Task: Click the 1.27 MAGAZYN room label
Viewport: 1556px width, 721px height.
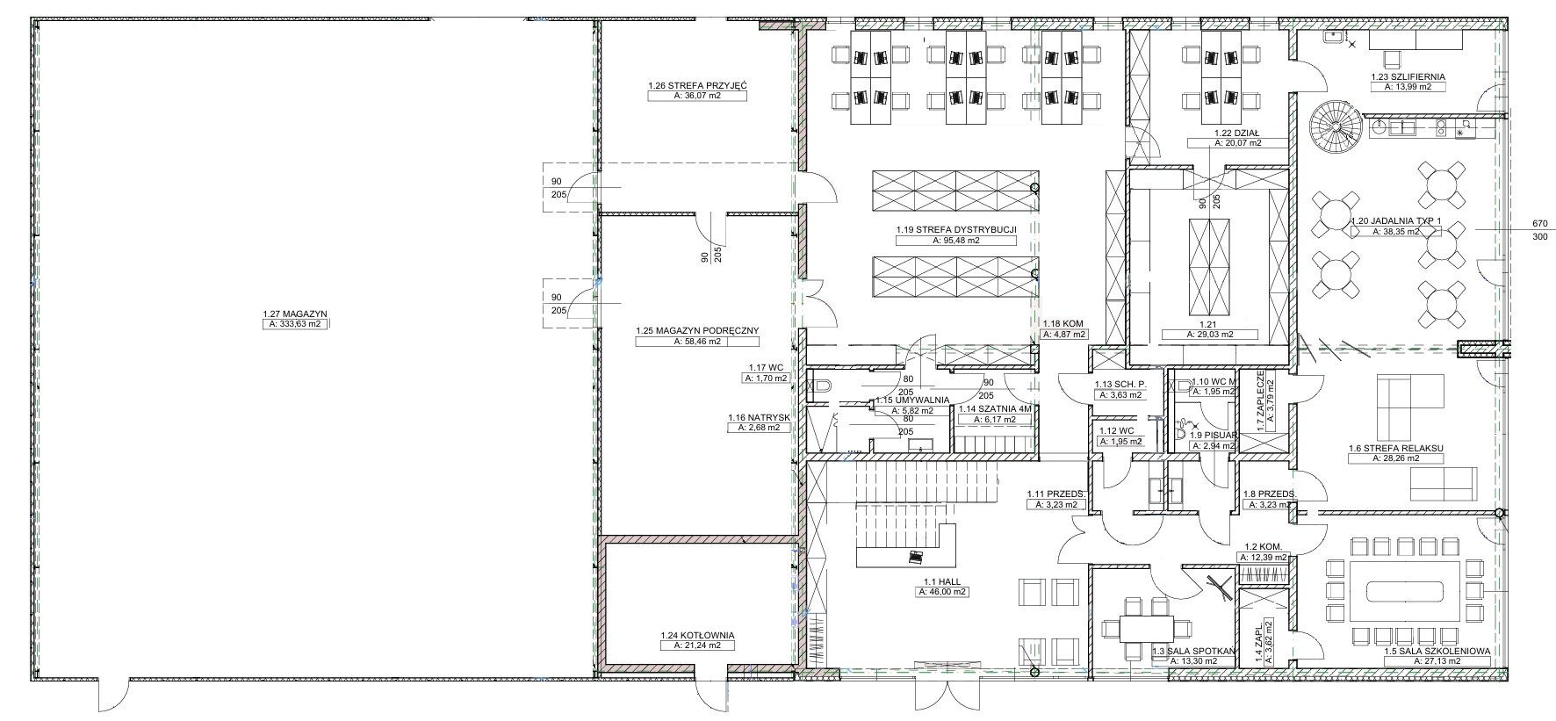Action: pyautogui.click(x=294, y=313)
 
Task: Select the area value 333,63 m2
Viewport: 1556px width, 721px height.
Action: pyautogui.click(x=294, y=324)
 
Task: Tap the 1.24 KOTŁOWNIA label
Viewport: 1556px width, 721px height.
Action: pyautogui.click(x=697, y=635)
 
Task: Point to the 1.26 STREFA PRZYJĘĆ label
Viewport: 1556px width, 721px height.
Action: pyautogui.click(x=697, y=86)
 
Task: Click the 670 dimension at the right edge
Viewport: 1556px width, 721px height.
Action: pyautogui.click(x=1538, y=223)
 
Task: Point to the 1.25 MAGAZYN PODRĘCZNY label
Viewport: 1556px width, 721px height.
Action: pyautogui.click(x=697, y=331)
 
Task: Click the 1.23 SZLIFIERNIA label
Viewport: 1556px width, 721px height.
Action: pyautogui.click(x=1408, y=76)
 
